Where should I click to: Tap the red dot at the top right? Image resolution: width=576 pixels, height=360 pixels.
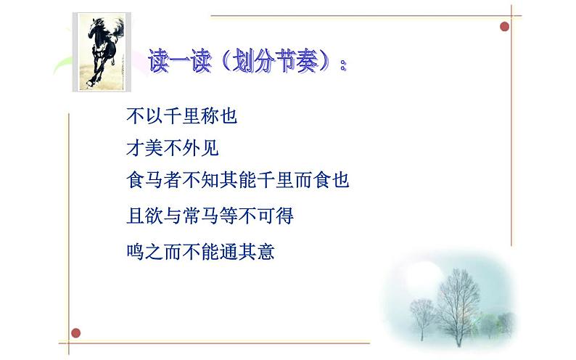tap(505, 27)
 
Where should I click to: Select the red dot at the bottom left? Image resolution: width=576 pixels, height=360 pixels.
tap(75, 332)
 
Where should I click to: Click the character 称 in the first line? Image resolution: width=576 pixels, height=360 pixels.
tap(210, 116)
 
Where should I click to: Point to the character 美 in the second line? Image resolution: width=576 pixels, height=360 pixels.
tap(154, 149)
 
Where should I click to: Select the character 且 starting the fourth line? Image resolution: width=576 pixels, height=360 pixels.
tap(135, 216)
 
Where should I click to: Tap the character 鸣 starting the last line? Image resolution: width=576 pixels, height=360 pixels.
tap(135, 253)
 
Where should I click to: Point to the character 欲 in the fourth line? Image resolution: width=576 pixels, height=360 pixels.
tap(154, 216)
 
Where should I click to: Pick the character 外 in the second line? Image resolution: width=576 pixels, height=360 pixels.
tap(191, 149)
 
